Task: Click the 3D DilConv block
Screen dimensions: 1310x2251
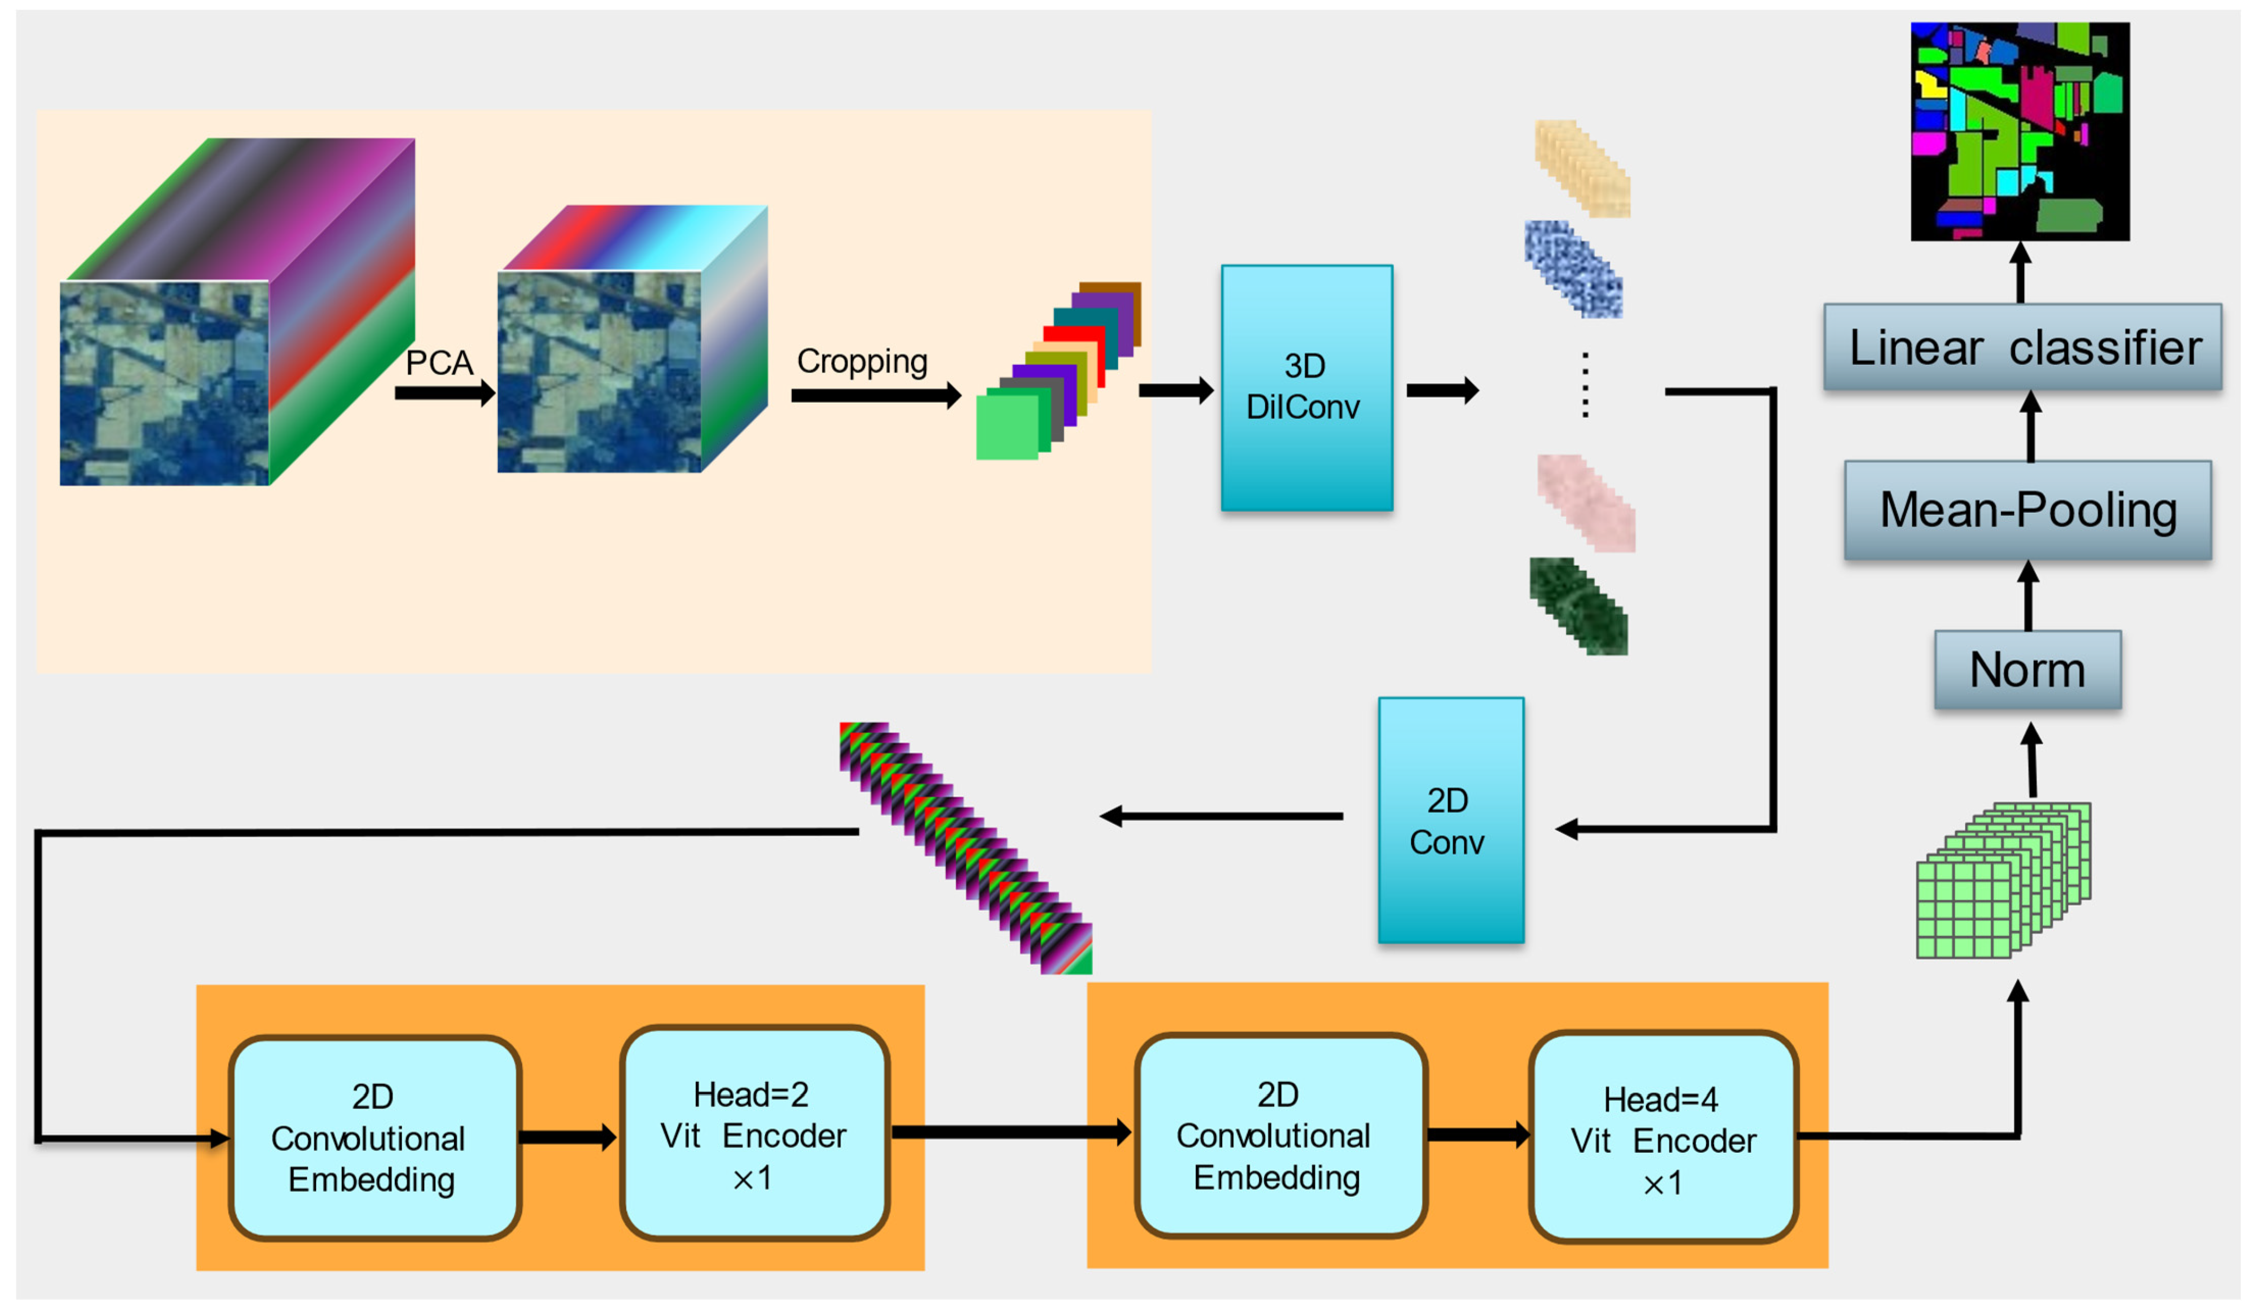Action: pyautogui.click(x=1306, y=388)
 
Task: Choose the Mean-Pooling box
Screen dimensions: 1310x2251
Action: pyautogui.click(x=2027, y=510)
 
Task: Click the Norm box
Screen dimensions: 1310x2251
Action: pyautogui.click(x=2027, y=670)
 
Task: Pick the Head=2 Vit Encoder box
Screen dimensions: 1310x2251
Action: pyautogui.click(x=754, y=1134)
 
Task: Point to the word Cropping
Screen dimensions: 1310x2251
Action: pyautogui.click(x=861, y=361)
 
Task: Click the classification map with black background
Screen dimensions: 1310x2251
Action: pyautogui.click(x=2019, y=131)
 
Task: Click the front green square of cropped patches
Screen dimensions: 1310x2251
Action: pyautogui.click(x=1006, y=428)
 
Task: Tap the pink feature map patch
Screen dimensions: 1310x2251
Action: pyautogui.click(x=1586, y=503)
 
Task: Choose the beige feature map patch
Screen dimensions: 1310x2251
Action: pyautogui.click(x=1582, y=169)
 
